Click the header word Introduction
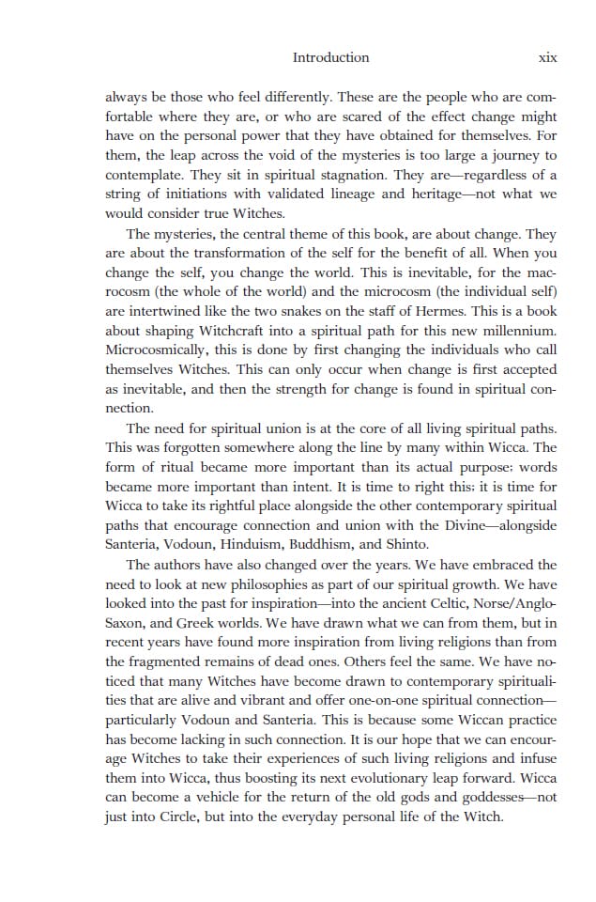click(330, 57)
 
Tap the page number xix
click(547, 57)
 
